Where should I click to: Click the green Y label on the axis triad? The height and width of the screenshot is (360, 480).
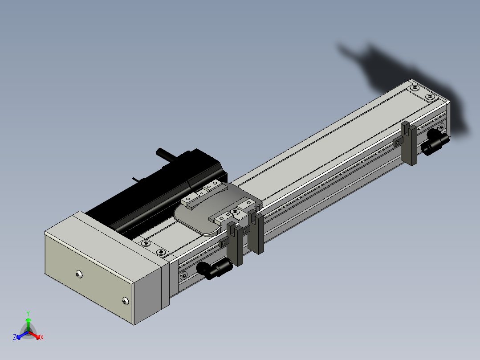click(x=28, y=314)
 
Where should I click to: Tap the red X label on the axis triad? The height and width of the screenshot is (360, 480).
click(x=42, y=337)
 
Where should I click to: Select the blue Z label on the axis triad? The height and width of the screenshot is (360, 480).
click(x=15, y=337)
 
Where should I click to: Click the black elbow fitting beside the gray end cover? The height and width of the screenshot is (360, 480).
click(x=214, y=268)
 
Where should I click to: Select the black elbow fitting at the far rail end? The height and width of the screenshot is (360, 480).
click(x=435, y=142)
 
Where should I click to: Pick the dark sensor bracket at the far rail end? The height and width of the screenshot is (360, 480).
click(x=409, y=143)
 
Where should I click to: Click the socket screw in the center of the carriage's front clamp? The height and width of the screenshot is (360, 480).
click(x=235, y=212)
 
